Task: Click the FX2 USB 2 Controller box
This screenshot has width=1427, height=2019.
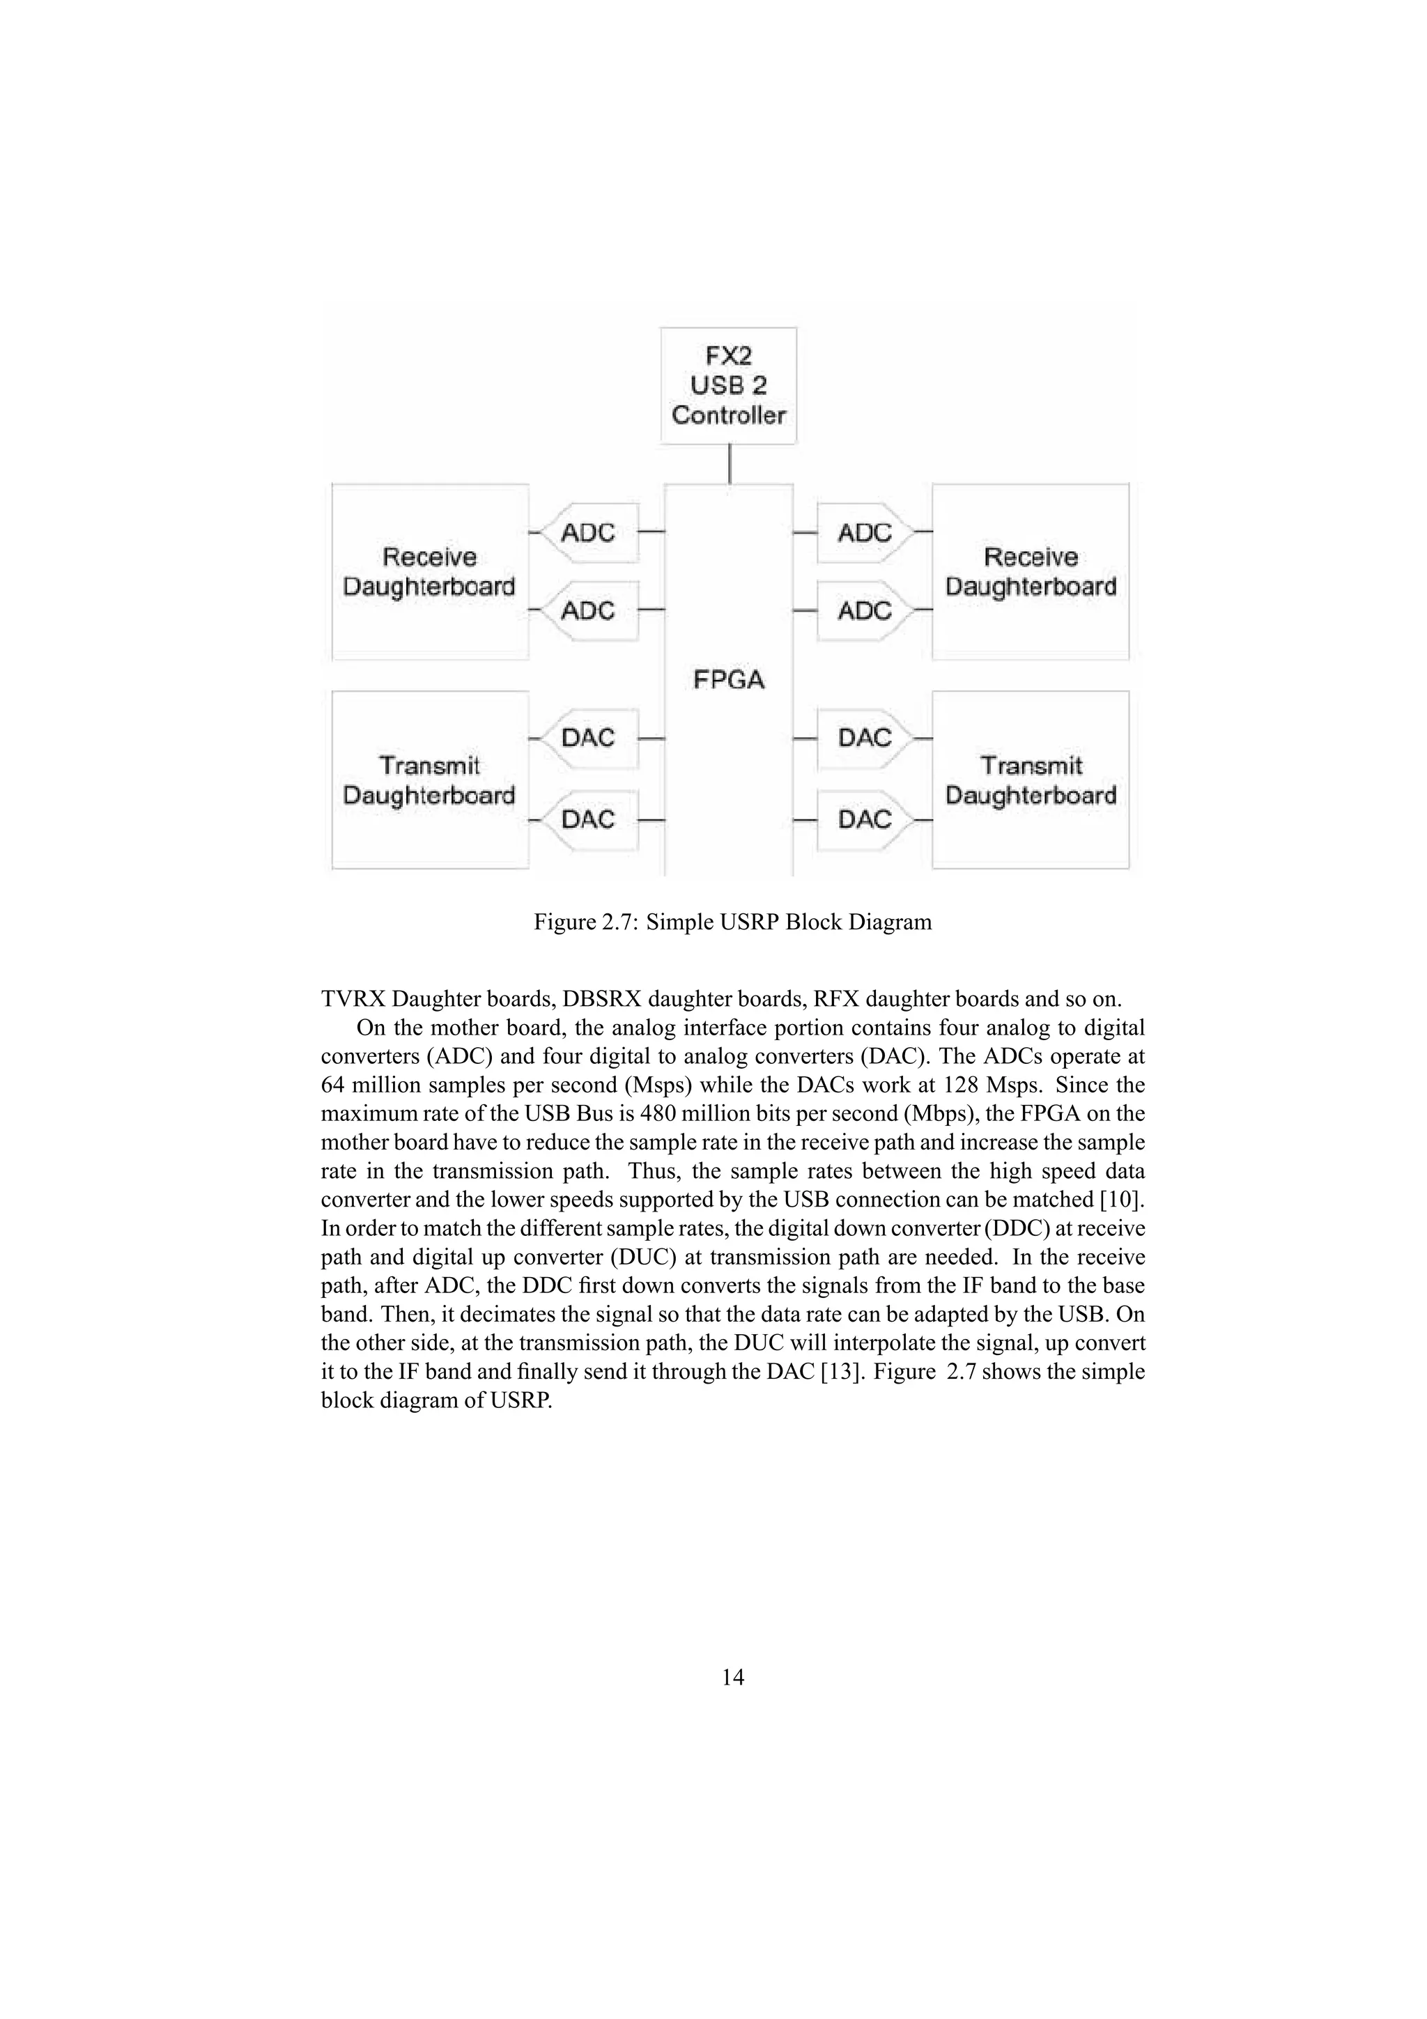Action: tap(729, 386)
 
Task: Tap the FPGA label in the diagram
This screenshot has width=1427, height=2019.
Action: tap(729, 680)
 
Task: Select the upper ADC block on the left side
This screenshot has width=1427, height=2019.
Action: tap(588, 533)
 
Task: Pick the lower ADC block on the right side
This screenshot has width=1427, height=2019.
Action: tap(864, 610)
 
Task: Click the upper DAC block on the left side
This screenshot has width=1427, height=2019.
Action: tap(588, 738)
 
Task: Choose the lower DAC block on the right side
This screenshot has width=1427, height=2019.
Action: tap(864, 819)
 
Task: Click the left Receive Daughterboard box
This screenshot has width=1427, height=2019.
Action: tap(430, 571)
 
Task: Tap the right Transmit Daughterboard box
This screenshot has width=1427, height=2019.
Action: tap(1031, 780)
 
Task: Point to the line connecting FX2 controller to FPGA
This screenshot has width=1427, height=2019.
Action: tap(730, 463)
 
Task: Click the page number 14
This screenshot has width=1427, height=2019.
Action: tap(732, 1678)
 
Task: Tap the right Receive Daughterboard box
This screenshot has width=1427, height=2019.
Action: tap(1031, 571)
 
